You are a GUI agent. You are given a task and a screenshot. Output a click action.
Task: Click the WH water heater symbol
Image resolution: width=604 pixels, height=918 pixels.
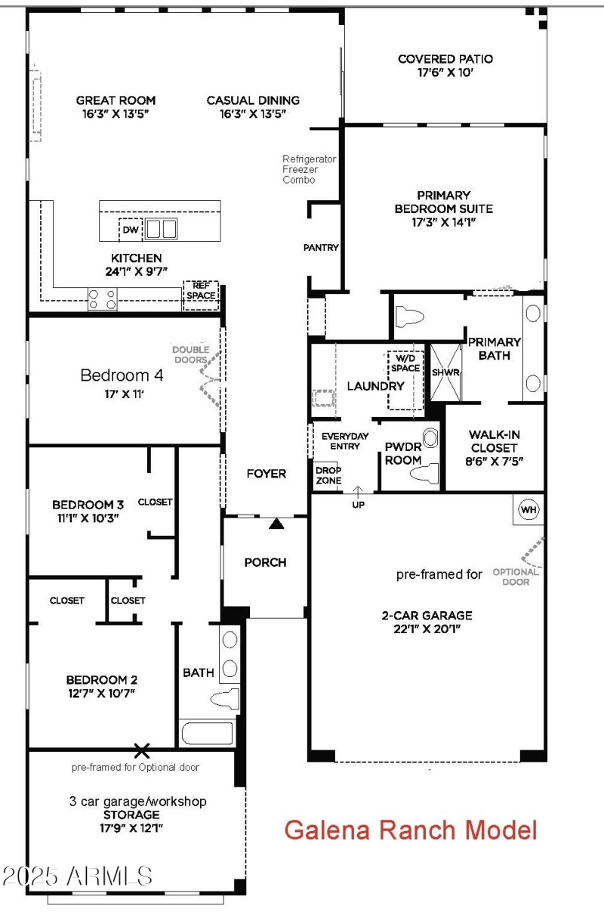(x=528, y=510)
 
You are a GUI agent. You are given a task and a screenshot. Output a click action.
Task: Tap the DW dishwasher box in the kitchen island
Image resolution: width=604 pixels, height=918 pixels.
(x=130, y=229)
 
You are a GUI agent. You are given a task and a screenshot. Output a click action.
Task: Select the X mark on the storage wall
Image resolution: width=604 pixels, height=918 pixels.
(x=141, y=750)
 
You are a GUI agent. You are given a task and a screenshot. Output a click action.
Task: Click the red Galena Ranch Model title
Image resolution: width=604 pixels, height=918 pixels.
(x=411, y=830)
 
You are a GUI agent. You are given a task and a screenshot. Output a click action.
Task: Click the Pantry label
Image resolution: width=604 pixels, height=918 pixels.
(x=321, y=247)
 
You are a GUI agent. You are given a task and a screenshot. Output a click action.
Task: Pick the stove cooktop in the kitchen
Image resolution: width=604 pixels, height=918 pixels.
(x=103, y=300)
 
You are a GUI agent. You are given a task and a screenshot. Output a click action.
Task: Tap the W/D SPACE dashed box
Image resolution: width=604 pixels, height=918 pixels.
(x=405, y=380)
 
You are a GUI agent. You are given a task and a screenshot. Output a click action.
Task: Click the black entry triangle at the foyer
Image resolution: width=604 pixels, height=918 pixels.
(x=277, y=522)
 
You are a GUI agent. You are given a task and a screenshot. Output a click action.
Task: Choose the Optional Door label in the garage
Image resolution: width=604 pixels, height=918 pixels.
(x=516, y=576)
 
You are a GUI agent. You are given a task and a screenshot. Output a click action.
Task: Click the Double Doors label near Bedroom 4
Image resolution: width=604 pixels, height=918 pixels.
(x=190, y=354)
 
